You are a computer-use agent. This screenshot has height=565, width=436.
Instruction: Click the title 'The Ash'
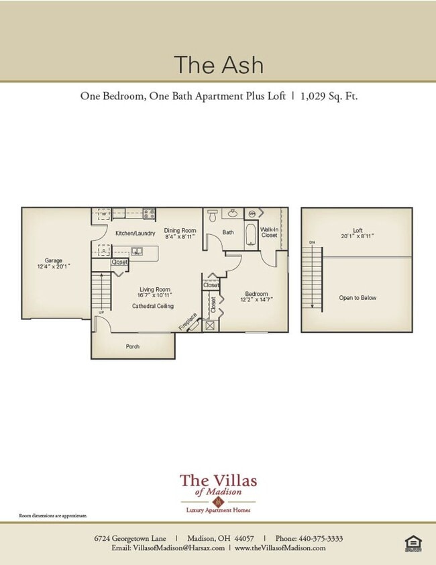coord(218,65)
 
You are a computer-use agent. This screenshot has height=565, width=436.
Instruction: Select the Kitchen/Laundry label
coord(135,234)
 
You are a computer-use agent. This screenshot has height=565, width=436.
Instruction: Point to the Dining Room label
coord(180,234)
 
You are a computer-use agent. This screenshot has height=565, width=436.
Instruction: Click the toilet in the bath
coord(213,216)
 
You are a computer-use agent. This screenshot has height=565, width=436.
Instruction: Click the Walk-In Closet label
coord(269,232)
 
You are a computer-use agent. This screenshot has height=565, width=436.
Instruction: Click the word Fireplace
coord(188,321)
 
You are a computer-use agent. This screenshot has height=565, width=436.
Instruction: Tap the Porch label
coord(133,347)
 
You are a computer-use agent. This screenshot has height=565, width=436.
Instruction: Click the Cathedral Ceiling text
coord(152,306)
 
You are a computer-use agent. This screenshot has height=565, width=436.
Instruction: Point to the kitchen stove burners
coord(150,214)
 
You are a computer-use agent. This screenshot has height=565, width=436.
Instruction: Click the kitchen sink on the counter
coord(137,252)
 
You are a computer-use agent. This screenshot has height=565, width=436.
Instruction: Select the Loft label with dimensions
coord(357,233)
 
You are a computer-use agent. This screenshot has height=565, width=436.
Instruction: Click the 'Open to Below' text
coord(357,298)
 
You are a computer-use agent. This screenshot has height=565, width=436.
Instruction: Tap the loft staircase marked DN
coord(313,275)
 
